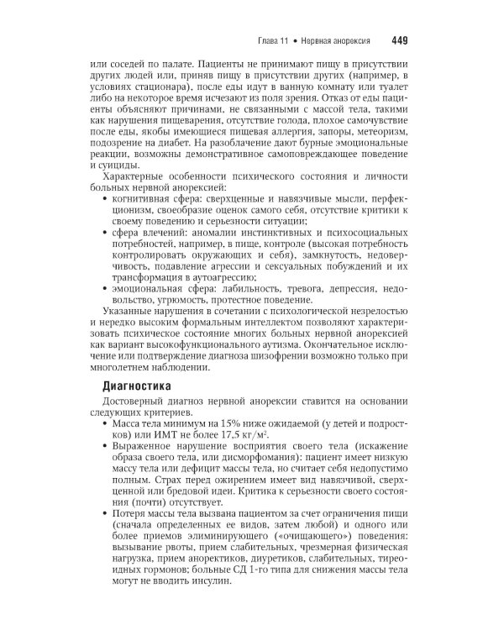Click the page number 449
pyautogui.click(x=399, y=39)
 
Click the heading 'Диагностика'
pyautogui.click(x=137, y=387)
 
